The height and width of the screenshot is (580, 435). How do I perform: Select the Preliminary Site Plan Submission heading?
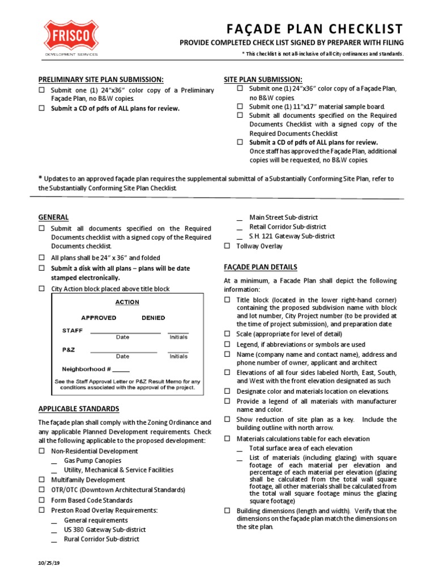pos(101,79)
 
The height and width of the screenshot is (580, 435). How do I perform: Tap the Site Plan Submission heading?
pos(263,79)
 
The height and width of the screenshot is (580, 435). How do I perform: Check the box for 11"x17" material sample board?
pos(240,106)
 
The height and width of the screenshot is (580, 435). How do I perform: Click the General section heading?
pos(53,217)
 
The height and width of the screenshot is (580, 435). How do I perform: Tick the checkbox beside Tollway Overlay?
pos(227,246)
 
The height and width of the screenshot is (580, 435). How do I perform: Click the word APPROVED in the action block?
pos(99,318)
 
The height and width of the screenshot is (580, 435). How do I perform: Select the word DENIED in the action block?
pos(153,318)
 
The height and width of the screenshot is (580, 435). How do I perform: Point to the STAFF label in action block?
pos(72,330)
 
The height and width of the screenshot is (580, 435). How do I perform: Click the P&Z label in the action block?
pos(69,350)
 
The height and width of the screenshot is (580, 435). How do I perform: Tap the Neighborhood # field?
pos(121,369)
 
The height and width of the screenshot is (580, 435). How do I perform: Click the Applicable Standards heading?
pos(78,408)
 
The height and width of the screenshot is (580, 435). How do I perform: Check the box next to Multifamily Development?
pos(41,480)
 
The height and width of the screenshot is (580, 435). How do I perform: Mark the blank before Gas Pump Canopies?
pos(54,461)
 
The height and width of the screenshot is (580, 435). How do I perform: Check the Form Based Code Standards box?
pos(41,500)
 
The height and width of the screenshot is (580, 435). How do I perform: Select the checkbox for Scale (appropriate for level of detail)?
pos(227,334)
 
